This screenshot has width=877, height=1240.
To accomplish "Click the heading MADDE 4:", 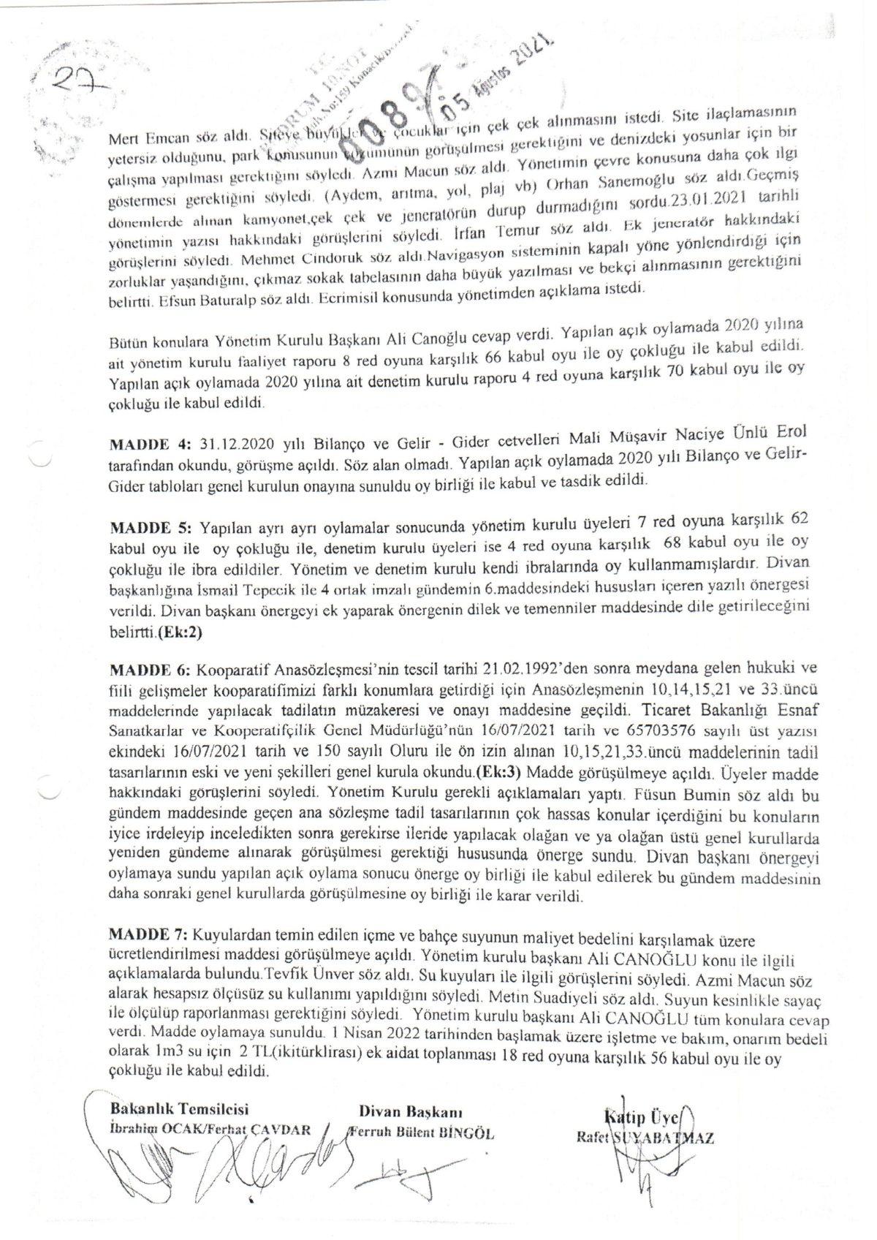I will click(x=150, y=445).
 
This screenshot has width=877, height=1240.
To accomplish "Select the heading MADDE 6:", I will click(x=150, y=670).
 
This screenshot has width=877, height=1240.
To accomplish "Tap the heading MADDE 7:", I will click(x=148, y=935).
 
